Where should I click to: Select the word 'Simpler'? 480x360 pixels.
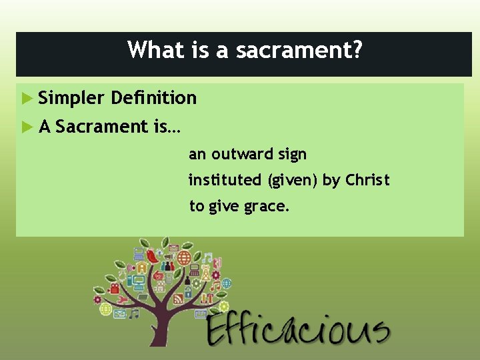71,99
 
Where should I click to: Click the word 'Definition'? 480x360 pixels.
154,98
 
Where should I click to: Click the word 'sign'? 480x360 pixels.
292,155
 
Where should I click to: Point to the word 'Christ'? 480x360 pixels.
367,180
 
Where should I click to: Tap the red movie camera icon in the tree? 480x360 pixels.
114,289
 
